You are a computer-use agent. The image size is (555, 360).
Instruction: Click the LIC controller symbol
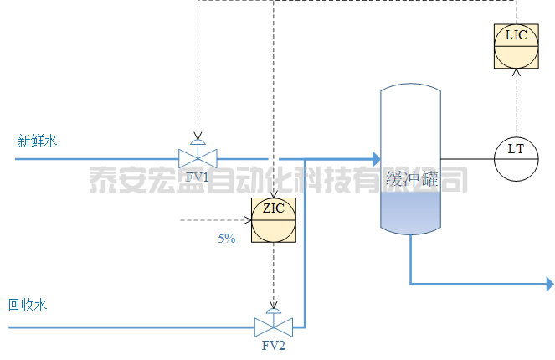click(516, 45)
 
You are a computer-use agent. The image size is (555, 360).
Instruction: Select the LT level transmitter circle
click(516, 158)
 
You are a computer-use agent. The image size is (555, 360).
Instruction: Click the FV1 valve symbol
click(198, 157)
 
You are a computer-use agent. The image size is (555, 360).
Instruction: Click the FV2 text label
click(274, 346)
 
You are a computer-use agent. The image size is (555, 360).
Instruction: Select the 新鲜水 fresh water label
click(37, 141)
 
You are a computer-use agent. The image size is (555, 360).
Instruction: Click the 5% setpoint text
click(227, 239)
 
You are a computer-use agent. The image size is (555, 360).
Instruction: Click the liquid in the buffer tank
click(410, 213)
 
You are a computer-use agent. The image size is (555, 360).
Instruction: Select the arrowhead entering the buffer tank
click(376, 157)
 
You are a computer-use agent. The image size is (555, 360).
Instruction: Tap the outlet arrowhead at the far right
click(549, 285)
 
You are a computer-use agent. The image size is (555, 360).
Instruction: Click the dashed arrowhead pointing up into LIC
click(516, 72)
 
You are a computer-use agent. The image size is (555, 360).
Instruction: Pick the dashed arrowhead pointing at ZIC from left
click(247, 220)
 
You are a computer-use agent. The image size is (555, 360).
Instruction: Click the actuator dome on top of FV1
click(198, 141)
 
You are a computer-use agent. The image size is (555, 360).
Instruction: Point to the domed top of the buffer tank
click(410, 90)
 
